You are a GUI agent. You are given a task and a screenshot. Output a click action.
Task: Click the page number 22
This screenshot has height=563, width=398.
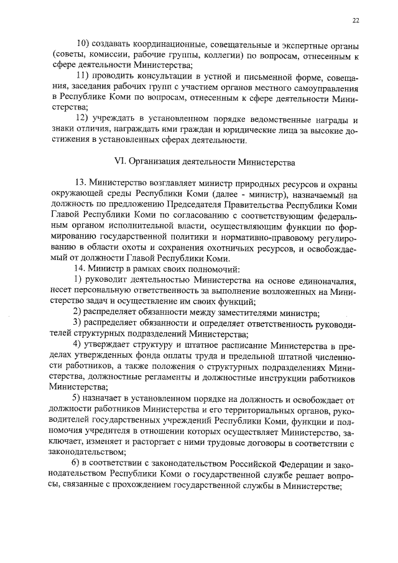(355, 21)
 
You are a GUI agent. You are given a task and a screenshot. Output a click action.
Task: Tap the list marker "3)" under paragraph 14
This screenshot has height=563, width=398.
(78, 323)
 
